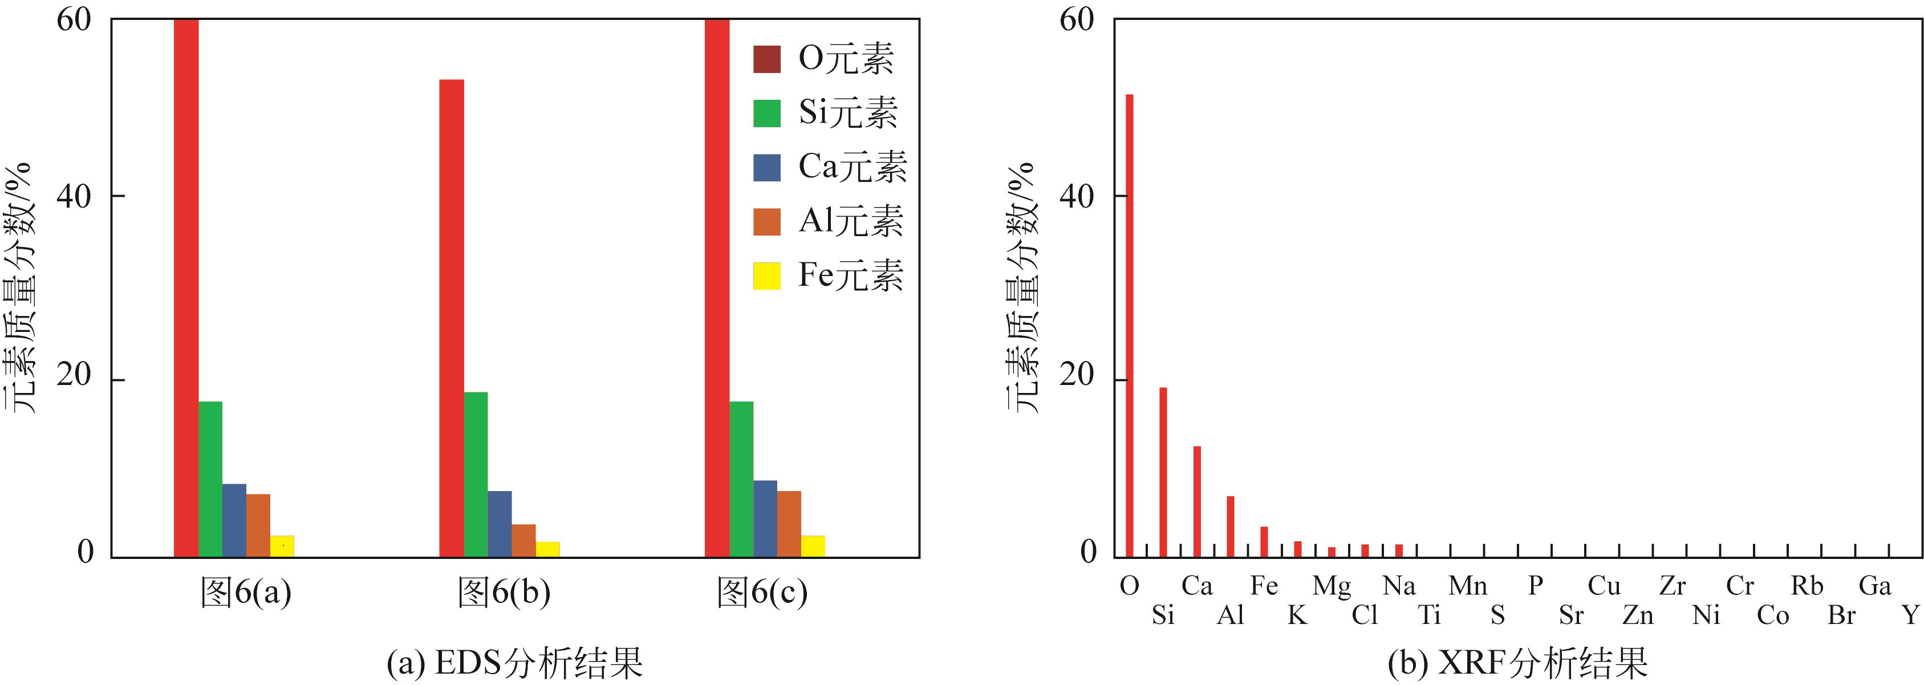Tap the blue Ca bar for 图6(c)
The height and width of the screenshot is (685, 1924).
(x=765, y=518)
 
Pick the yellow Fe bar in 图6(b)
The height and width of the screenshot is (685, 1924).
(x=547, y=549)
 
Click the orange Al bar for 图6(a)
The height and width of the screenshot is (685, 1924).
(x=258, y=525)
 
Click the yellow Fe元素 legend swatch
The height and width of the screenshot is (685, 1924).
(x=766, y=275)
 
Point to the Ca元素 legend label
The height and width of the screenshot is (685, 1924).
(x=852, y=167)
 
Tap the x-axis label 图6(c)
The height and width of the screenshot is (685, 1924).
(x=762, y=593)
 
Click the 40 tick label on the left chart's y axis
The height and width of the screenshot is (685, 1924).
(x=74, y=196)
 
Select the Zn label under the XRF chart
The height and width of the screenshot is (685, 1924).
(x=1638, y=615)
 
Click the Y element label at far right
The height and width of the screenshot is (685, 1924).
(x=1910, y=615)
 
